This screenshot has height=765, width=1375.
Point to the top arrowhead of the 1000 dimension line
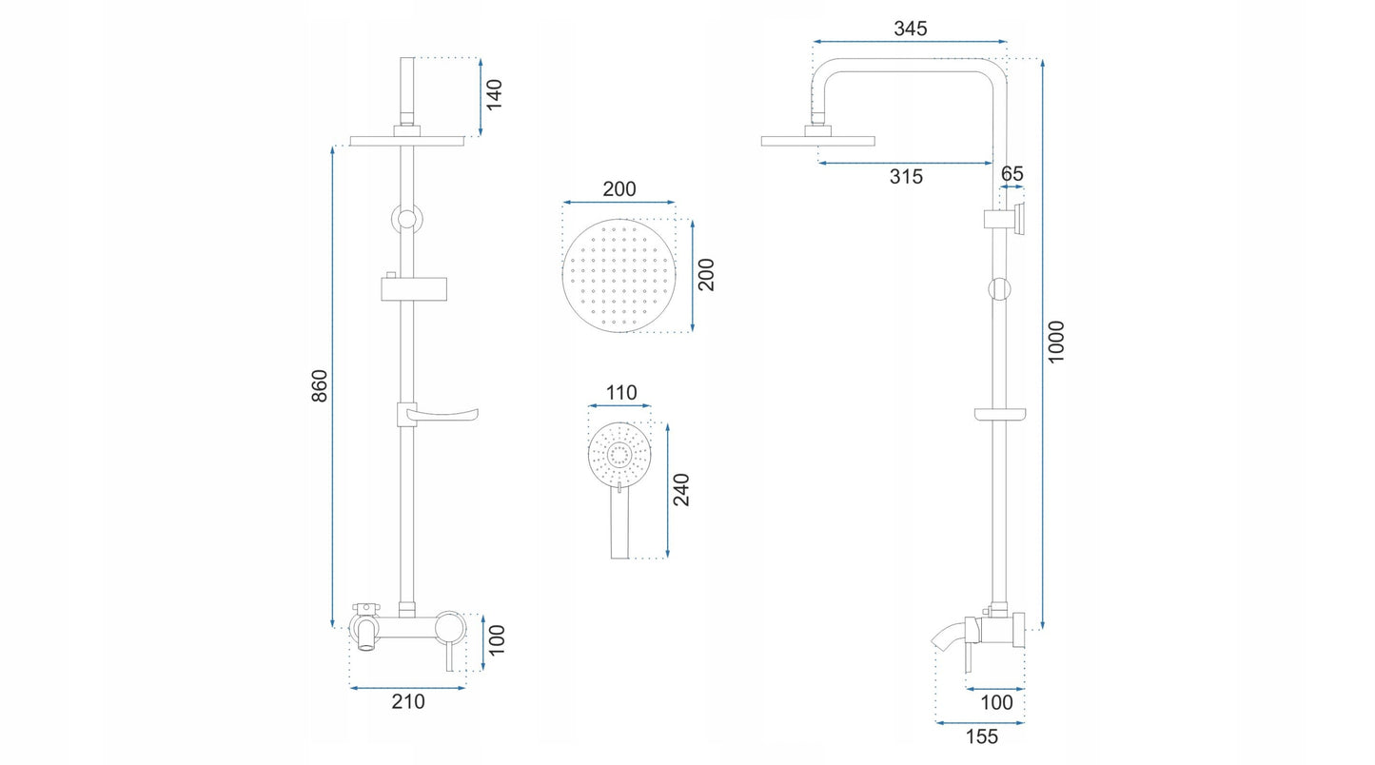[1042, 63]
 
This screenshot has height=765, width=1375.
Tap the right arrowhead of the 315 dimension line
[989, 164]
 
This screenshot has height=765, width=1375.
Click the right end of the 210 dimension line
[466, 688]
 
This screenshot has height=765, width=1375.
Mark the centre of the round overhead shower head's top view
[619, 276]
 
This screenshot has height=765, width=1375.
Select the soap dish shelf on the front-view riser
[438, 415]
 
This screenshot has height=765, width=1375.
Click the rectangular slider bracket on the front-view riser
[414, 288]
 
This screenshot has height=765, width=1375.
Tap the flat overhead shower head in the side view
[817, 141]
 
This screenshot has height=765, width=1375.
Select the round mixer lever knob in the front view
[450, 627]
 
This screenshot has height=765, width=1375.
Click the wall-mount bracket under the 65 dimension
[1004, 219]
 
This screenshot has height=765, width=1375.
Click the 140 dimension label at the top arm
[494, 95]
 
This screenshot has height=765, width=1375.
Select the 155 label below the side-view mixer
[981, 736]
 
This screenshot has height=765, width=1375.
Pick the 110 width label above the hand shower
[621, 392]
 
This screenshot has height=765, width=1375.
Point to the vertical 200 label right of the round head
[706, 275]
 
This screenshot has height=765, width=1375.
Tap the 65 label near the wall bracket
[1012, 174]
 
